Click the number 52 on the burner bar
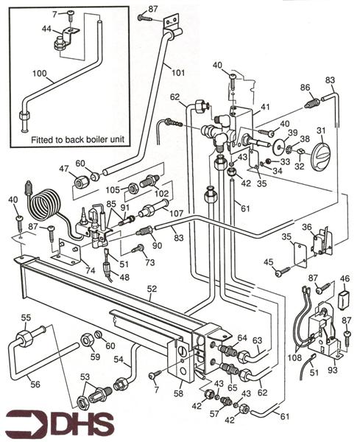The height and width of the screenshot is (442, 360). coord(149,291)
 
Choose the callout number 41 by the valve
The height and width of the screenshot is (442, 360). coord(266,107)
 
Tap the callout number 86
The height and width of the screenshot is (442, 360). coord(305,88)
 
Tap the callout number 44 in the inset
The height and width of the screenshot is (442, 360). coord(46,29)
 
